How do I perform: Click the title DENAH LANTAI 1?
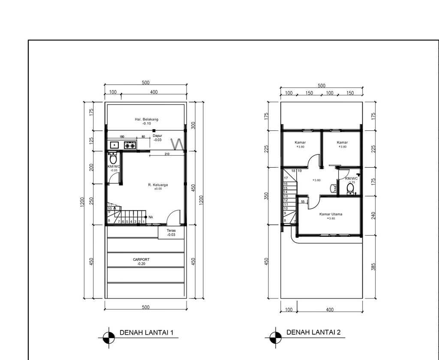pyautogui.click(x=146, y=333)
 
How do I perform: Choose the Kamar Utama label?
pyautogui.click(x=331, y=214)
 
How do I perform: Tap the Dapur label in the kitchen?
pyautogui.click(x=157, y=136)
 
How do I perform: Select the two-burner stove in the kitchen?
pyautogui.click(x=130, y=145)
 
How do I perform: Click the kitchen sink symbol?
pyautogui.click(x=114, y=145)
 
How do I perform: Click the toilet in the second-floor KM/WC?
pyautogui.click(x=350, y=188)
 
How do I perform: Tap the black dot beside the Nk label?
pyautogui.click(x=146, y=217)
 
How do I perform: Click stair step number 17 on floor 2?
pyautogui.click(x=286, y=178)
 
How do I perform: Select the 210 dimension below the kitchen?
pyautogui.click(x=167, y=154)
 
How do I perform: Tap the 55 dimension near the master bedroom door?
pyautogui.click(x=303, y=201)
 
